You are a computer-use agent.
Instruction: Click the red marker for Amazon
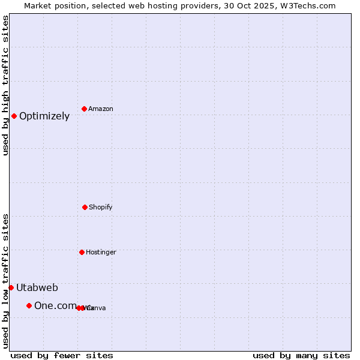click(x=84, y=109)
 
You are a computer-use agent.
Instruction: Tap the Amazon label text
click(x=101, y=109)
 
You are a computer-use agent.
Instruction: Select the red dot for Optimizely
click(x=14, y=116)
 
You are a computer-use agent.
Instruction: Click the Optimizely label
click(x=44, y=116)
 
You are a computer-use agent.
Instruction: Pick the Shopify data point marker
click(x=85, y=207)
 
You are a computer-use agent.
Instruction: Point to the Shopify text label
click(x=101, y=208)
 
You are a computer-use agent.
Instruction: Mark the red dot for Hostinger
click(x=82, y=252)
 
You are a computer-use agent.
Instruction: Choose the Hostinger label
click(x=101, y=253)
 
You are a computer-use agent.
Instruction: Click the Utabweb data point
click(x=11, y=287)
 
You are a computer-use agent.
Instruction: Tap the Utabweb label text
click(x=37, y=287)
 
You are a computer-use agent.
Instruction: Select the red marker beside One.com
click(x=29, y=305)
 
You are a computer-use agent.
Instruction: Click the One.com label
click(x=55, y=306)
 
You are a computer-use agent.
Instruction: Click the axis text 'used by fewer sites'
click(x=62, y=355)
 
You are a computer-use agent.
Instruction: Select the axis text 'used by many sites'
click(x=301, y=355)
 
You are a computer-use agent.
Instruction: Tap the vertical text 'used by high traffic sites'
click(x=5, y=85)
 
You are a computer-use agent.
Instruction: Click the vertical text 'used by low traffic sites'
click(x=5, y=281)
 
